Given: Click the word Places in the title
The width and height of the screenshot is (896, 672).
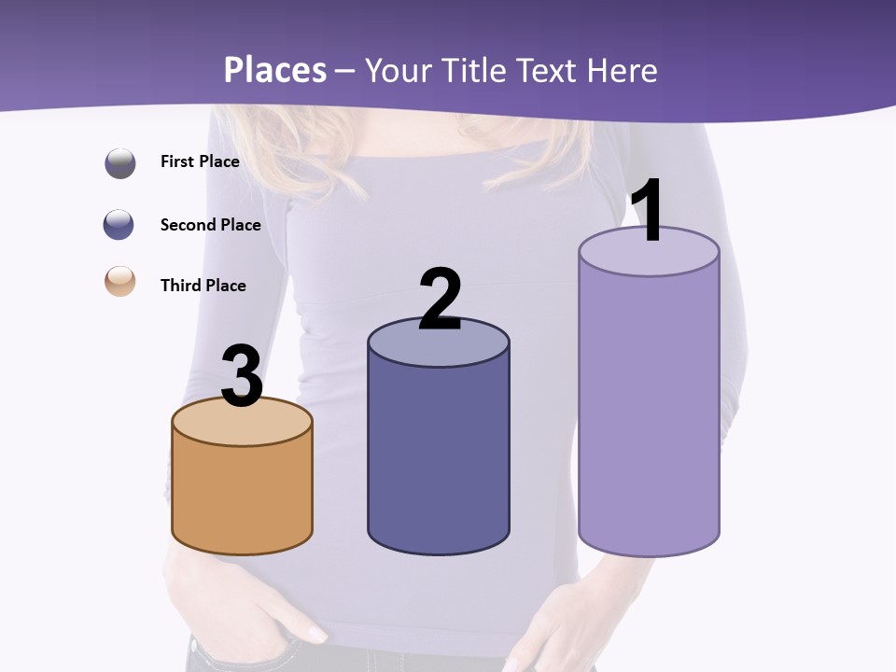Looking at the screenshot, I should click(x=275, y=71).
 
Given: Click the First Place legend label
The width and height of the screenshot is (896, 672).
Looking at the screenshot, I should click(x=200, y=161).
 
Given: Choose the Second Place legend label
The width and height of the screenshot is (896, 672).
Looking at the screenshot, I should click(x=210, y=225).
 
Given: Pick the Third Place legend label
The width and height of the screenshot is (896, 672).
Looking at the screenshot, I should click(x=203, y=286).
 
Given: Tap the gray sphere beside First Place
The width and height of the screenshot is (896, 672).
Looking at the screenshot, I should click(x=120, y=163).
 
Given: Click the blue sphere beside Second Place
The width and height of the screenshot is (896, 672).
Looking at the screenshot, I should click(x=119, y=225).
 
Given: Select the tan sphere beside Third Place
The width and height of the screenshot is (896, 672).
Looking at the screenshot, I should click(x=120, y=281).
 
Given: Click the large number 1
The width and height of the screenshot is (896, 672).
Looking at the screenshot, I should click(x=648, y=211).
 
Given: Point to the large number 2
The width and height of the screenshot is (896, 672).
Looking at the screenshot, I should click(x=440, y=300).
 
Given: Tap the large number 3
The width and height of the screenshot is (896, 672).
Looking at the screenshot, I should click(x=242, y=376).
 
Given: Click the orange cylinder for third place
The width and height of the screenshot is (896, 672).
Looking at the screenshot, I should click(x=242, y=495).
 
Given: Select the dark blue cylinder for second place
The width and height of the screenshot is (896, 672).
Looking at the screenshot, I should click(x=439, y=457).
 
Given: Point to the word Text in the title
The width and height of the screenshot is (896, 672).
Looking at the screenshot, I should click(x=553, y=71).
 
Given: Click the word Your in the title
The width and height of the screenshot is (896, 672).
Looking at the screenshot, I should click(x=399, y=71).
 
